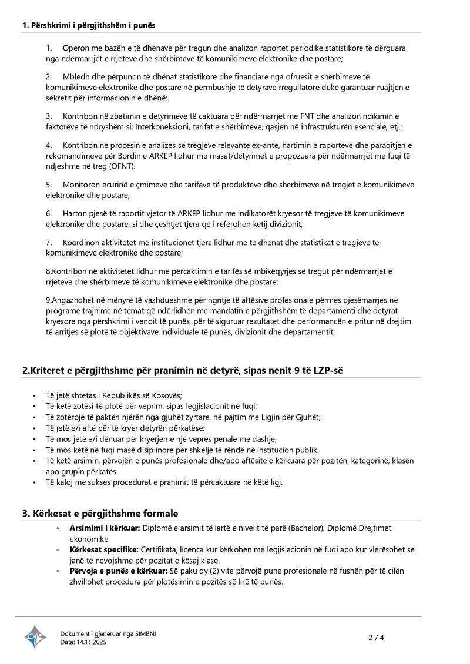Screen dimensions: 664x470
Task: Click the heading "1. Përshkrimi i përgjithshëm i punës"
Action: click(x=89, y=25)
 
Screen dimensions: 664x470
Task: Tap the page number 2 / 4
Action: click(x=377, y=637)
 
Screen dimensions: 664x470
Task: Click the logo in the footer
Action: click(x=35, y=637)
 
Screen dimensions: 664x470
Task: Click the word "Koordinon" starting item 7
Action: click(x=82, y=242)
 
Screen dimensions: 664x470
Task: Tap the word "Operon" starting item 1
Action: click(x=75, y=48)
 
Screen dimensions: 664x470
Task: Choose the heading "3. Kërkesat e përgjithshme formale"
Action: click(x=100, y=513)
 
